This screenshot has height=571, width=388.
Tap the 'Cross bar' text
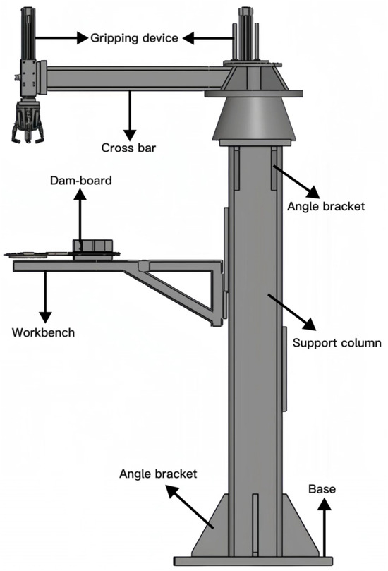pos(128,148)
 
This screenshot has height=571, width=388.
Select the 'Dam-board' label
pos(80,181)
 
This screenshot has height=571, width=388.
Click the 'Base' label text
pos(321,488)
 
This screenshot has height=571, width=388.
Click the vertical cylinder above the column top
pos(248,35)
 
